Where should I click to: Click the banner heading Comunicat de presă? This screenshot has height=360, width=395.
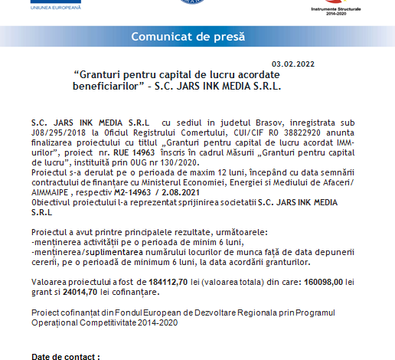pyautogui.click(x=188, y=36)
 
